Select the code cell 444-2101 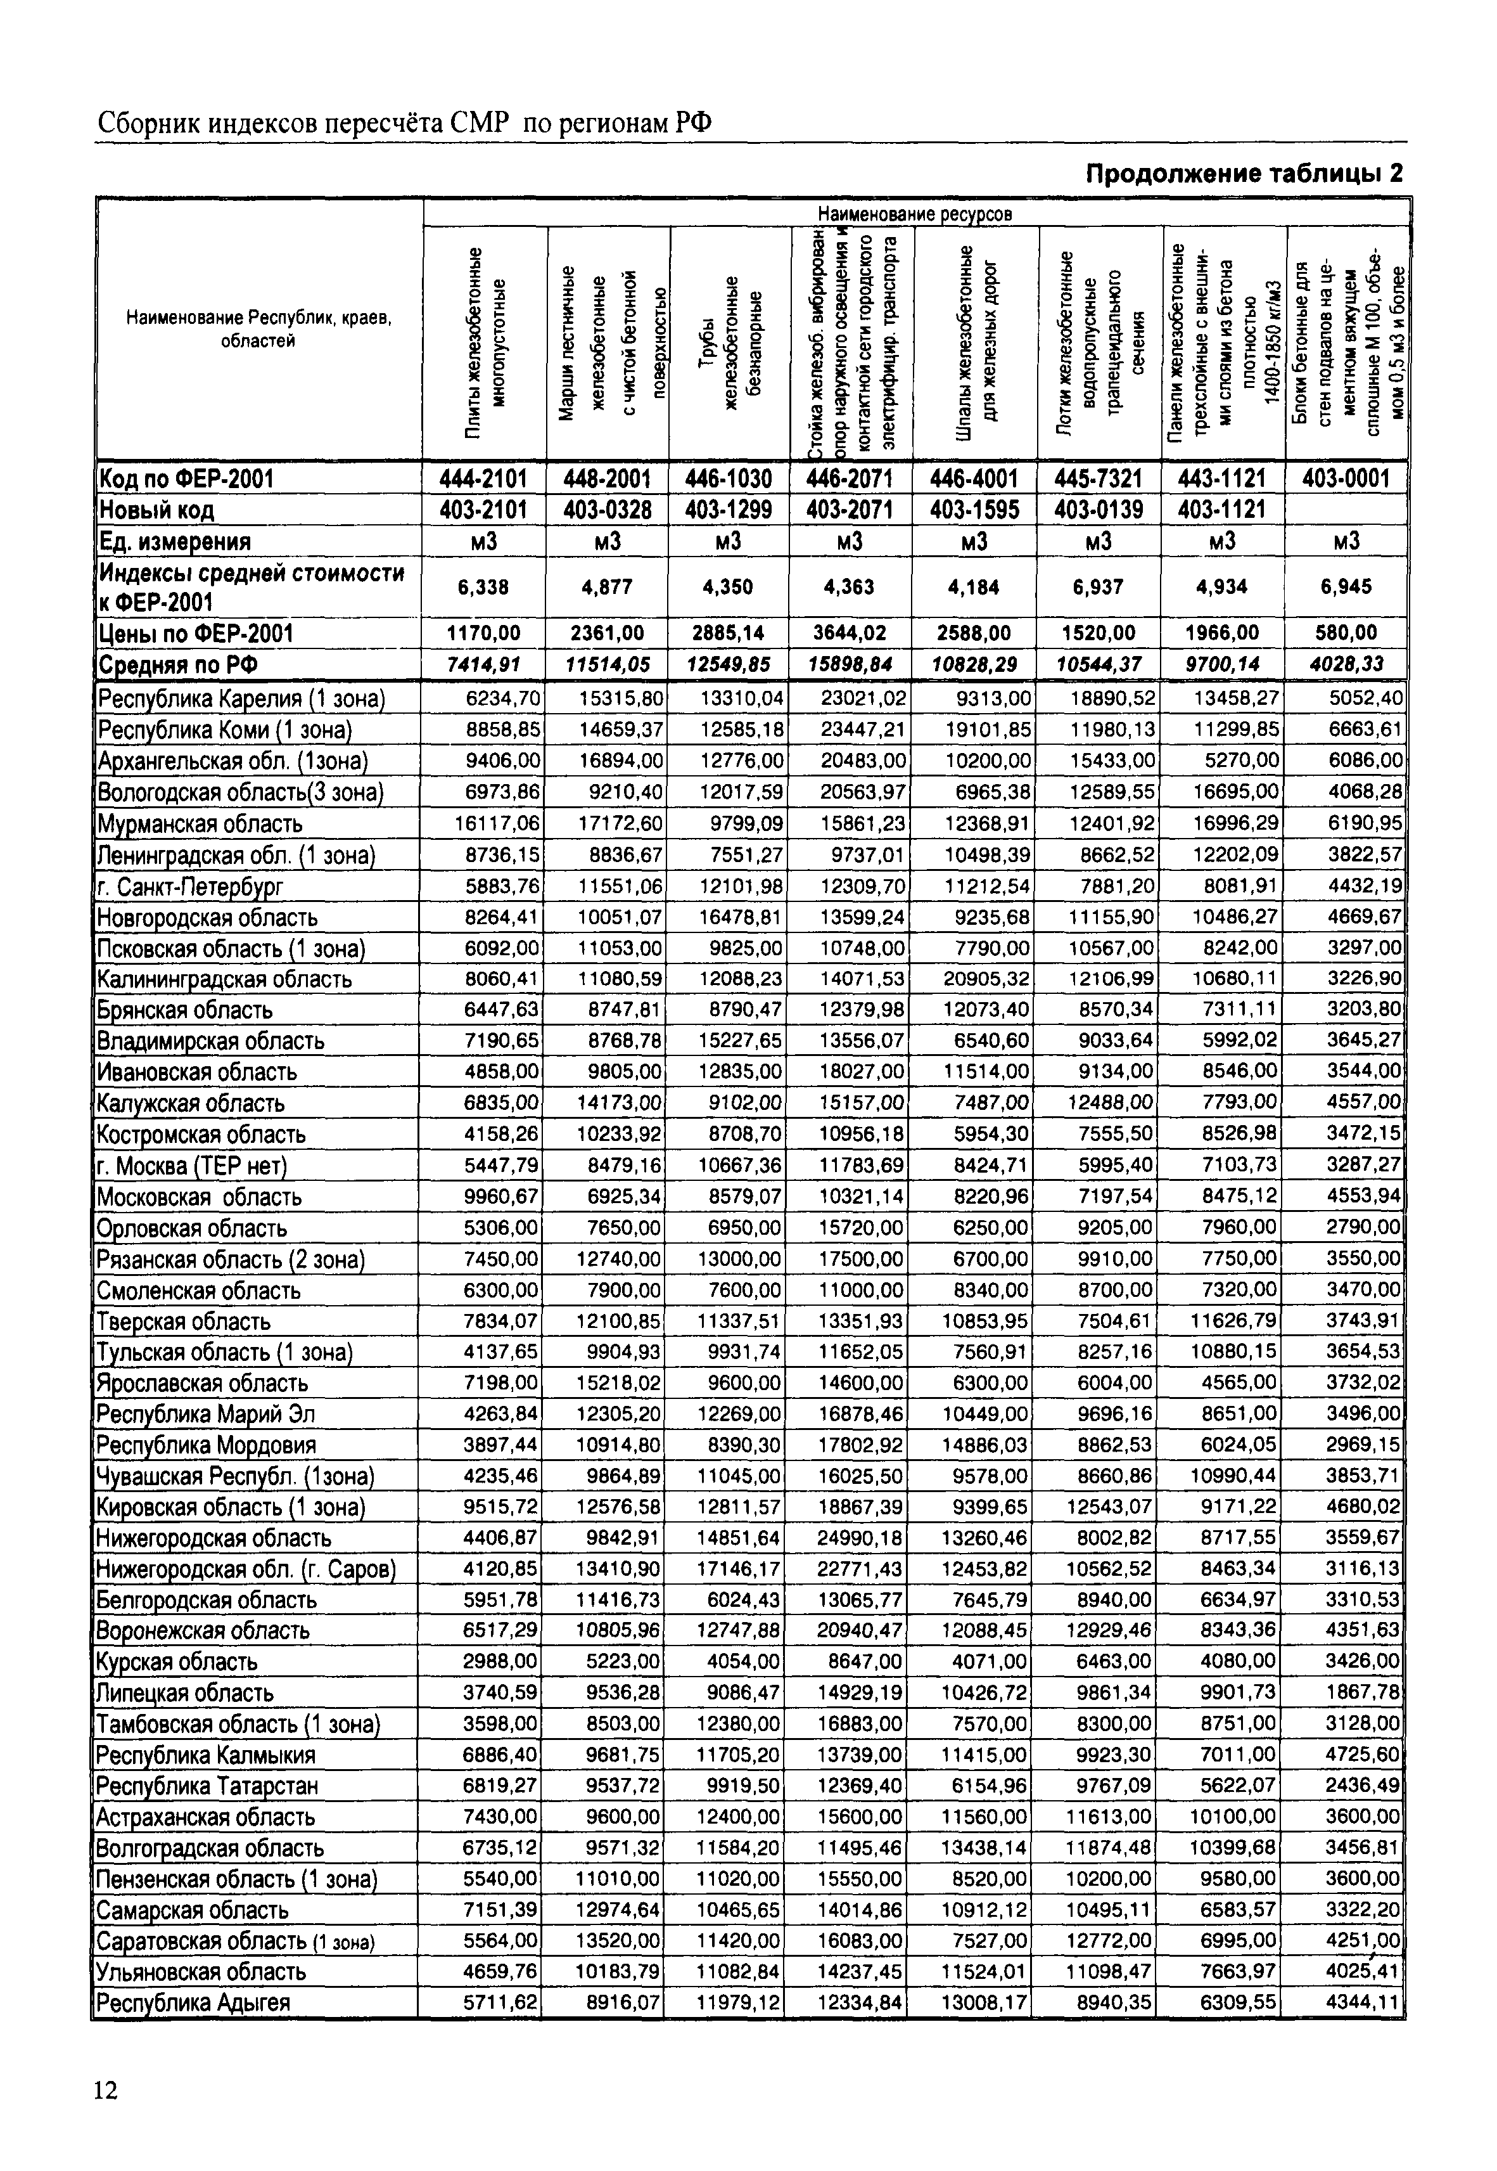[484, 479]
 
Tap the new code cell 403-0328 [608, 510]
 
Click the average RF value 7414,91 [484, 665]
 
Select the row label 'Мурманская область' [200, 825]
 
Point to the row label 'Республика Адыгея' [193, 2003]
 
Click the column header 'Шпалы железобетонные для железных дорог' [976, 344]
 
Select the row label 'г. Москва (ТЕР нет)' [191, 1166]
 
